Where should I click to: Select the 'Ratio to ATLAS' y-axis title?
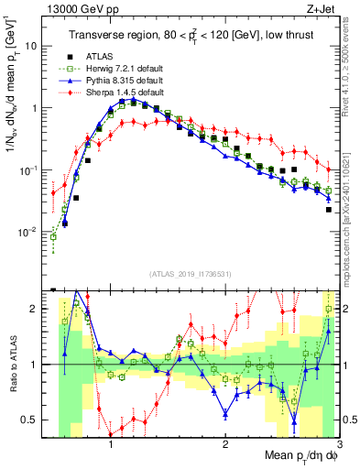tap(12, 365)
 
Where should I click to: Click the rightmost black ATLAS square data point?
tap(328, 210)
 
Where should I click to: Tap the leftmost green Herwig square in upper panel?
tap(53, 236)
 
